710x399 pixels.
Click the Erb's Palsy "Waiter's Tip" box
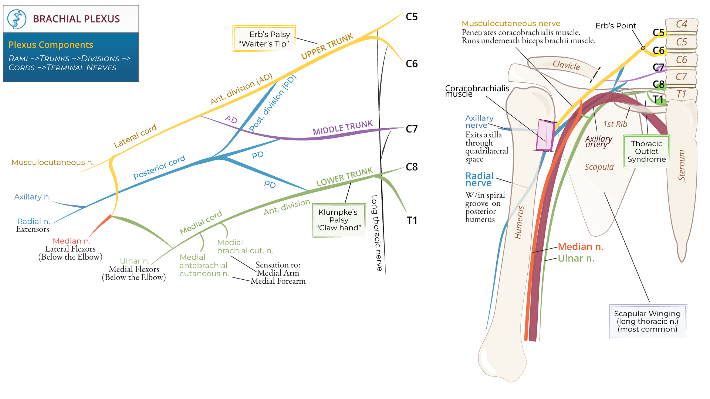click(264, 39)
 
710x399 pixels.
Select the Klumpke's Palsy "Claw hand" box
click(339, 220)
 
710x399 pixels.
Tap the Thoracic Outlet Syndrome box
click(646, 151)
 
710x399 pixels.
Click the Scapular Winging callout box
click(648, 321)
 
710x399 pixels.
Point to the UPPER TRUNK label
click(327, 47)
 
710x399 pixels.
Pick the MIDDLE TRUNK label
click(342, 128)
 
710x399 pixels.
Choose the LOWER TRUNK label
click(344, 177)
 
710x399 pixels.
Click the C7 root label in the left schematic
click(412, 129)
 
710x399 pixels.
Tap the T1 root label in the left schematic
click(412, 221)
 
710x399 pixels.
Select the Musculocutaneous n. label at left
click(53, 163)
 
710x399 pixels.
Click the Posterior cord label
click(159, 167)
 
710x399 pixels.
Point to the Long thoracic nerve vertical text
click(376, 233)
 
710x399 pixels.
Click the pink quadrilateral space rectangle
click(545, 136)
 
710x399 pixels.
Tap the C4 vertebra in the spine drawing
click(681, 24)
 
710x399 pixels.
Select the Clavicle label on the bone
click(566, 65)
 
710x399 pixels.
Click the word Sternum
click(682, 165)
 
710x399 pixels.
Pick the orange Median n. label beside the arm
click(580, 247)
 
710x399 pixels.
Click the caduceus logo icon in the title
click(17, 19)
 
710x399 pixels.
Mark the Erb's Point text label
click(615, 26)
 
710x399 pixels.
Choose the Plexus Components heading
click(51, 45)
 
